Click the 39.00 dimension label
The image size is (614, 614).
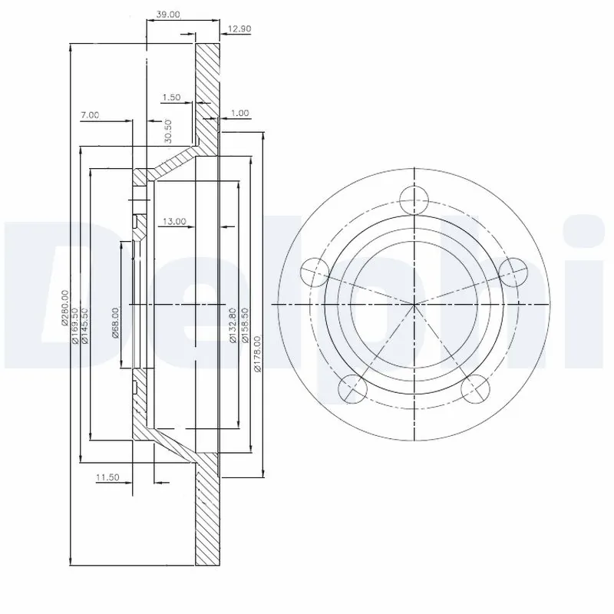[x=169, y=15]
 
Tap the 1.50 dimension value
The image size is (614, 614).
[x=172, y=97]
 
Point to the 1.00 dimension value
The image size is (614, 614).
[x=239, y=113]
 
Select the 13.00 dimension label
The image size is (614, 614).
[x=173, y=222]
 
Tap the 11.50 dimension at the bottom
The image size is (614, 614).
[x=108, y=477]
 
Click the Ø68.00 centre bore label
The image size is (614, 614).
[x=115, y=322]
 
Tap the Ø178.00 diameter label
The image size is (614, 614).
[x=259, y=349]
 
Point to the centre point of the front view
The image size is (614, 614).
[x=414, y=305]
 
